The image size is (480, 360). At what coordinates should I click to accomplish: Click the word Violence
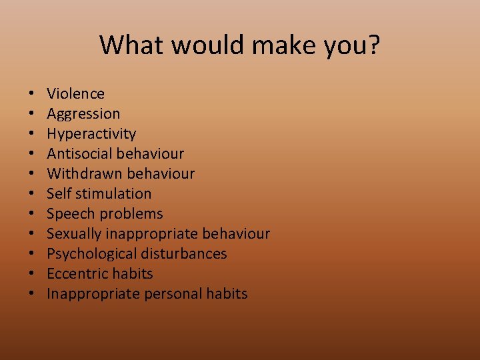75,94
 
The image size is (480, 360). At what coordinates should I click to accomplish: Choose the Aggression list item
83,114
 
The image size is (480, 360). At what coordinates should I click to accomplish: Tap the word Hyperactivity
91,134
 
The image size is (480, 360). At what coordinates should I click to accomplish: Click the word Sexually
73,234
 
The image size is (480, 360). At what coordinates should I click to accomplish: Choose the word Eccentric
75,274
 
